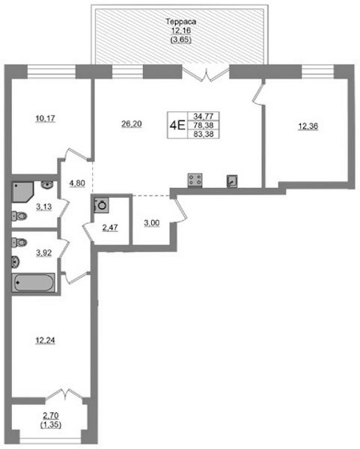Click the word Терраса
point(180,22)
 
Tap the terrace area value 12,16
point(180,31)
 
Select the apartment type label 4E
point(177,126)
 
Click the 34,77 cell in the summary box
point(204,116)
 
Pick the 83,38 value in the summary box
point(204,134)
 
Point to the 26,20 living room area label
point(132,124)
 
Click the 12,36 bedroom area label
point(308,126)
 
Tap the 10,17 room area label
point(45,118)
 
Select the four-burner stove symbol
point(195,180)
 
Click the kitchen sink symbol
point(232,181)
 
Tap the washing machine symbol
point(101,205)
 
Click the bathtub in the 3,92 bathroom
point(33,283)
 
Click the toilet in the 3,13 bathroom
point(19,216)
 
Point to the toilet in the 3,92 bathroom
point(19,242)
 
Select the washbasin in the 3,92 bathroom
point(16,262)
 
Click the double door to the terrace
point(206,74)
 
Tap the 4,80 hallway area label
point(77,183)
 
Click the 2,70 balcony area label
point(51,415)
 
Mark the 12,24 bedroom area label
point(45,340)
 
